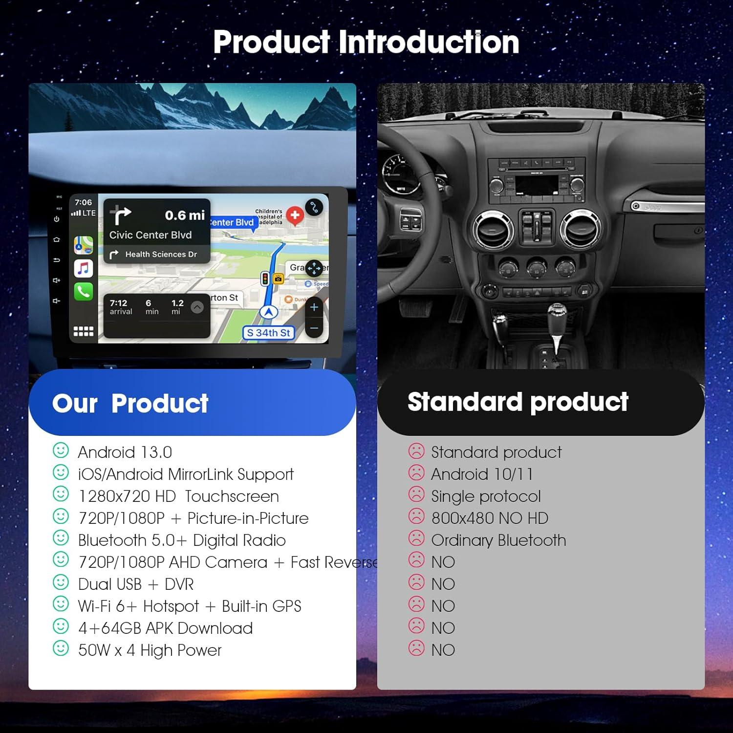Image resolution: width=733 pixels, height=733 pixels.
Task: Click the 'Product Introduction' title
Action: (366, 42)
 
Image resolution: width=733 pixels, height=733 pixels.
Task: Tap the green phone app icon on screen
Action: (83, 291)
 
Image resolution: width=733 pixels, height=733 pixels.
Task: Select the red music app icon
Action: (83, 268)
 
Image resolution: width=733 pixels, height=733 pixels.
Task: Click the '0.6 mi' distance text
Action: (184, 215)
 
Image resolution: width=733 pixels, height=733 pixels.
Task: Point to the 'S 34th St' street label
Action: (268, 333)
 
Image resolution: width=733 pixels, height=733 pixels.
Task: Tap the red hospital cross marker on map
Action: (295, 215)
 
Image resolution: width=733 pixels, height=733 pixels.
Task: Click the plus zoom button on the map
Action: (314, 307)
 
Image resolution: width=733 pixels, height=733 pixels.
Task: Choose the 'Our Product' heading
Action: (130, 403)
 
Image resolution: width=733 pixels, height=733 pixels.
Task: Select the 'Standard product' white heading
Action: (517, 402)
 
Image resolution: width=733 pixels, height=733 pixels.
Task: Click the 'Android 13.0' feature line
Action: (125, 452)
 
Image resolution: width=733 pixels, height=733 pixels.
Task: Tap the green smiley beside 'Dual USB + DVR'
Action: (61, 582)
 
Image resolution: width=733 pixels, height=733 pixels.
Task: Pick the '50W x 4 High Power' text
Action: (150, 650)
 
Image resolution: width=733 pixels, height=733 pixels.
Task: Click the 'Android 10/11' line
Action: (482, 474)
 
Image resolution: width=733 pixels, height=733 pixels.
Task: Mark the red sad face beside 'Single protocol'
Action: (416, 495)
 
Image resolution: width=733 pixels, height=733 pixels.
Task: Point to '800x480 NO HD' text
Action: (490, 518)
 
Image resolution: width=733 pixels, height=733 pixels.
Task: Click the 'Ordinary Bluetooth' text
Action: (498, 540)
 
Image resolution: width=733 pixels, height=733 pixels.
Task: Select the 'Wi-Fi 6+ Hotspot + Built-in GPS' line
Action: (190, 606)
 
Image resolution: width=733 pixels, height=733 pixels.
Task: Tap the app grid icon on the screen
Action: (83, 331)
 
